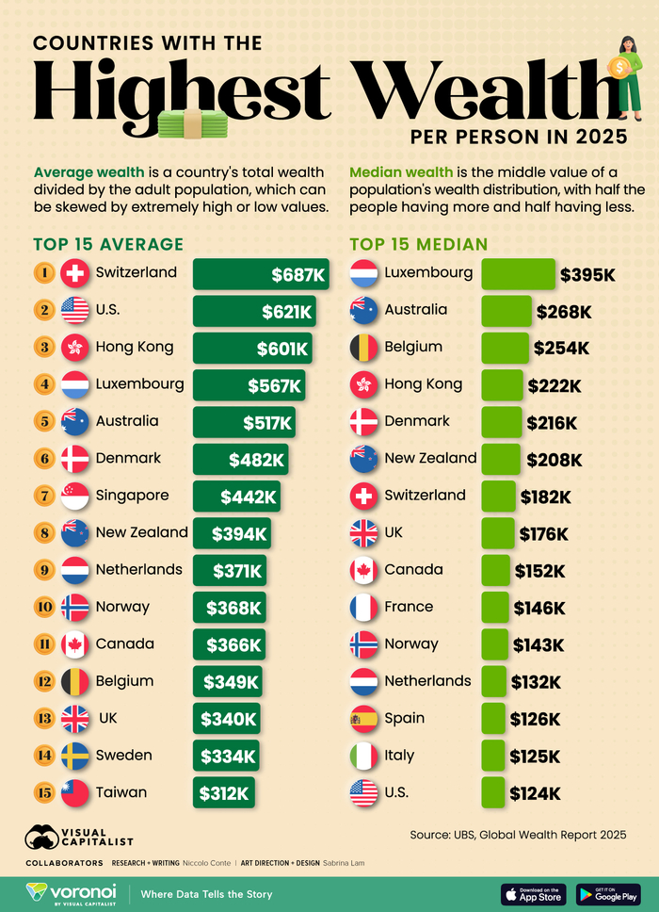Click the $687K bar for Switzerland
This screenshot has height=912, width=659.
(261, 274)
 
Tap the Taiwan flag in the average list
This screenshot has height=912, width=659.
(74, 792)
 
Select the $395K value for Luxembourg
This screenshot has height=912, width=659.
(587, 274)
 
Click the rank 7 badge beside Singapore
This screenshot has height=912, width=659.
(43, 496)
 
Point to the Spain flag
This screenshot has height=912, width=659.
(363, 719)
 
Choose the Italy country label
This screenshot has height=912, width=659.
(399, 756)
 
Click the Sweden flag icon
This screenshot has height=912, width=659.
(74, 756)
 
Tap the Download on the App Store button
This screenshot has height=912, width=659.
(534, 893)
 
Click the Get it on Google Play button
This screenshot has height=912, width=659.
(608, 893)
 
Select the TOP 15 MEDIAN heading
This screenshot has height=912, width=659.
(418, 245)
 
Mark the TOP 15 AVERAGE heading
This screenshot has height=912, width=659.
(108, 245)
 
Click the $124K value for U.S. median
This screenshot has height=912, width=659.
(535, 792)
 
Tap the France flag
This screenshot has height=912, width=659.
(363, 608)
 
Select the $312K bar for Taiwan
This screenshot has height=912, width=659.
(224, 792)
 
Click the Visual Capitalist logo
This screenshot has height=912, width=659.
(79, 837)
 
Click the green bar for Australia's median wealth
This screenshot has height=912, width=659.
(506, 311)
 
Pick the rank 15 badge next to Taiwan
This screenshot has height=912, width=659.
(43, 792)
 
